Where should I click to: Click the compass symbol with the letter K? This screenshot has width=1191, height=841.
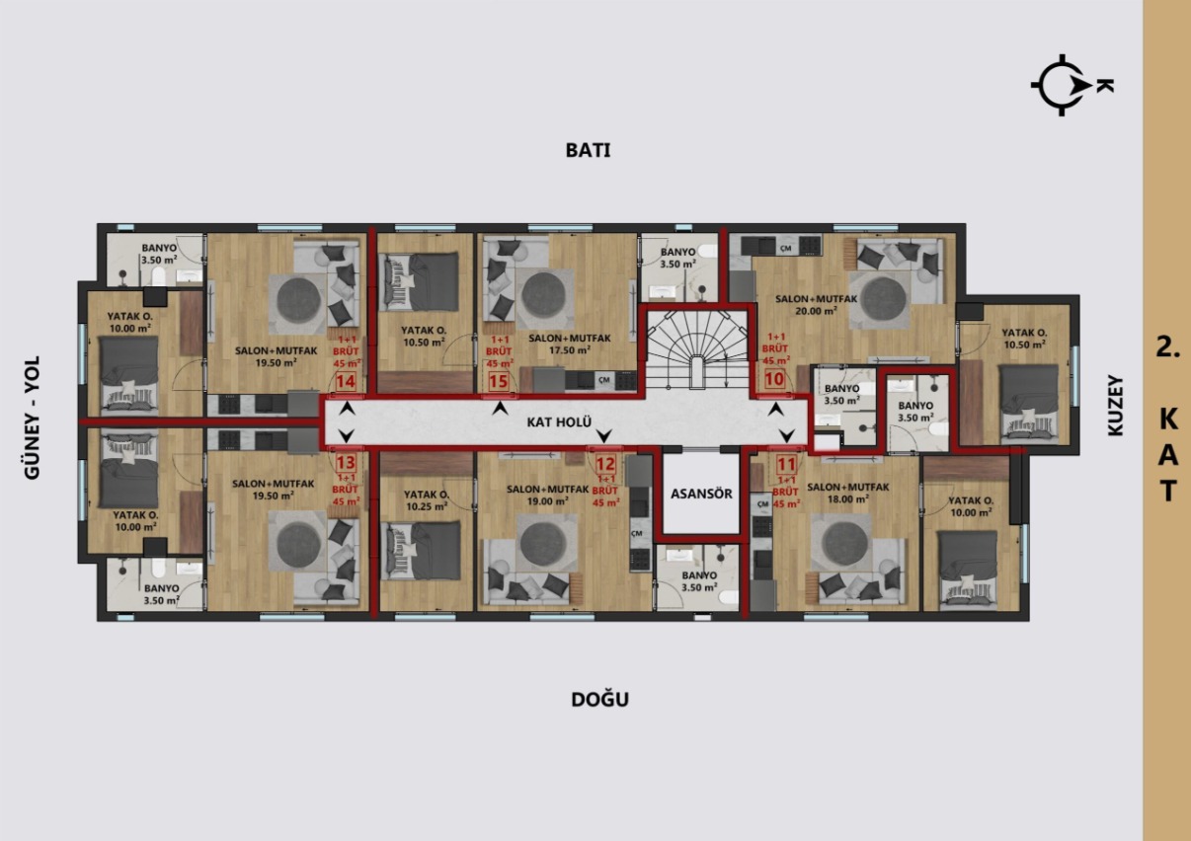coord(1065,85)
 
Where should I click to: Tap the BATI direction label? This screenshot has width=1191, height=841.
coord(588,150)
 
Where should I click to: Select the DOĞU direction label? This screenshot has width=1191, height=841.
coord(599,700)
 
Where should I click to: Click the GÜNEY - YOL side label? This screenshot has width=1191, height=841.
coord(32,418)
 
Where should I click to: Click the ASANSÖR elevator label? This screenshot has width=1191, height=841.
coord(700,494)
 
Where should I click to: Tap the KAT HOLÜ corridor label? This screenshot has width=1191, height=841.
coord(545,421)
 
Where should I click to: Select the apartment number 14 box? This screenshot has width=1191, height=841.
coord(346,382)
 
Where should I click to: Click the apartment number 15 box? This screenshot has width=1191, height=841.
coord(499,381)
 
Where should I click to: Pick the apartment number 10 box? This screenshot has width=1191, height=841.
coord(775,378)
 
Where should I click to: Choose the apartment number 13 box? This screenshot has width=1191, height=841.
coord(346,461)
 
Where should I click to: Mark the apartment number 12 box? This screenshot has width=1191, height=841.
coord(605,464)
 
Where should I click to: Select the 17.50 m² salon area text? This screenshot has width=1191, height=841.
coord(569,349)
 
